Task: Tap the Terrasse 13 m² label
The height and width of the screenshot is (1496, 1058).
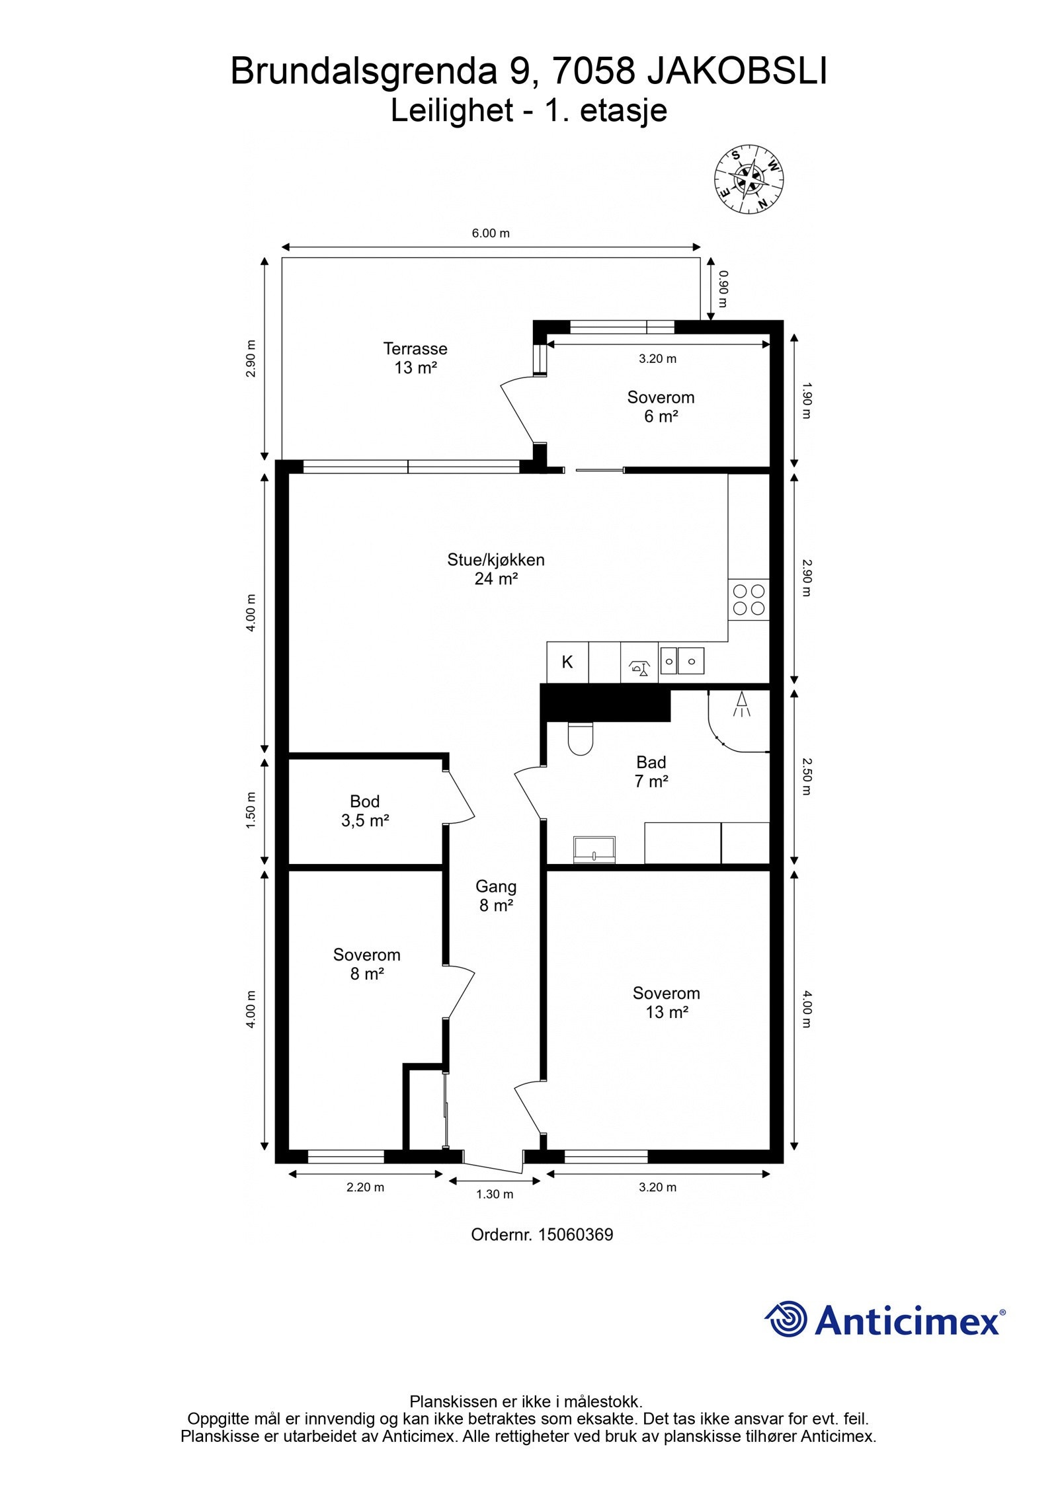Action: (x=415, y=358)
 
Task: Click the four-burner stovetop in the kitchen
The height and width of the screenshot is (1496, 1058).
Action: (x=749, y=599)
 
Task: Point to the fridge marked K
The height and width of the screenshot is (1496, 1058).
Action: (x=567, y=662)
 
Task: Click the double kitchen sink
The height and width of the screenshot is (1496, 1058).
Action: (x=682, y=660)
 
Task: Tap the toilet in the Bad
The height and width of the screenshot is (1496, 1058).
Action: (x=581, y=738)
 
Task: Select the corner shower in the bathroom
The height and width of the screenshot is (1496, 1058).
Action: (x=739, y=721)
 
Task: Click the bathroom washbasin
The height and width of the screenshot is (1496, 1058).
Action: (x=595, y=849)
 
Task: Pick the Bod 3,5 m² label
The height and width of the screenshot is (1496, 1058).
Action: (x=364, y=810)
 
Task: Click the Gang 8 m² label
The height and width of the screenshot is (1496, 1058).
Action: (x=496, y=896)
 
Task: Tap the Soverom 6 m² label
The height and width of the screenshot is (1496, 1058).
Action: (x=661, y=407)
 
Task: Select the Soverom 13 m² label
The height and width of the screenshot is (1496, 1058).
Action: (x=667, y=1002)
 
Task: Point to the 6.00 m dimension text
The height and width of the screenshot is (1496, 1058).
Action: (x=491, y=233)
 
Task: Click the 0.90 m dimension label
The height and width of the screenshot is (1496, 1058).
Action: (x=723, y=290)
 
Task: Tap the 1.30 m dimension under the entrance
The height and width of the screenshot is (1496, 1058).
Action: (x=495, y=1194)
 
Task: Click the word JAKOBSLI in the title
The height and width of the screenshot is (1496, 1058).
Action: (x=736, y=71)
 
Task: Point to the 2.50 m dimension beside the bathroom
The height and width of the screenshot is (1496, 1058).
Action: (x=805, y=776)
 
